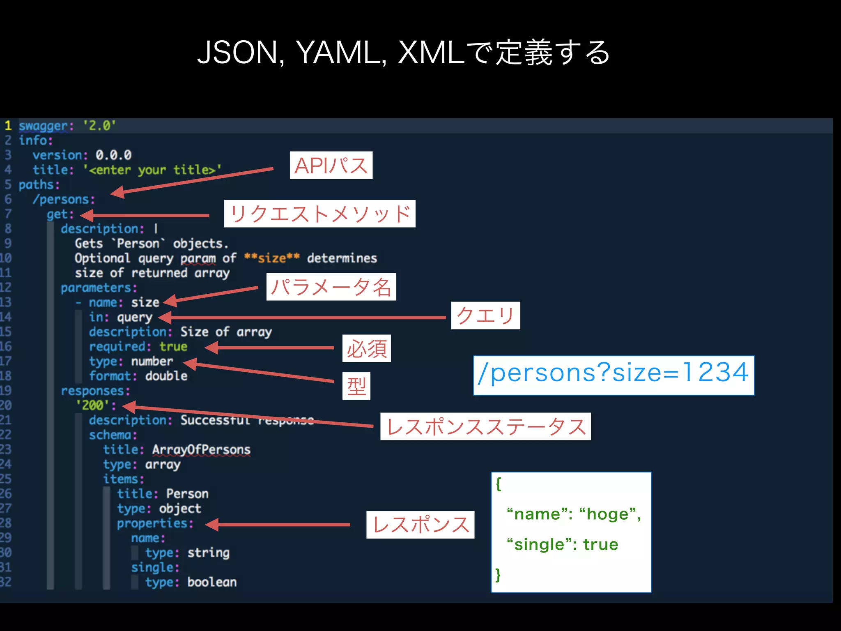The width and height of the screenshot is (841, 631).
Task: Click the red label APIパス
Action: (331, 165)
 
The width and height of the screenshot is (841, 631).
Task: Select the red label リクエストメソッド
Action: (319, 214)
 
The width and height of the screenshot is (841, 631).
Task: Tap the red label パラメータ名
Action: (331, 287)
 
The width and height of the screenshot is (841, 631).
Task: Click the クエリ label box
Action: (485, 315)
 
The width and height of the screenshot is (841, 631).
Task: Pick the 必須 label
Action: (366, 348)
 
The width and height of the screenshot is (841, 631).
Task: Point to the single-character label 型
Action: (356, 386)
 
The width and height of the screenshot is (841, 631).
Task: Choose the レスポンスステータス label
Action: (485, 426)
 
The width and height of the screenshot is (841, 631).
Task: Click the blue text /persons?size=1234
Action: (614, 373)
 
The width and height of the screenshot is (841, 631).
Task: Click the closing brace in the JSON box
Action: (498, 574)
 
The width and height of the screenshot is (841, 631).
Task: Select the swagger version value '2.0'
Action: (99, 125)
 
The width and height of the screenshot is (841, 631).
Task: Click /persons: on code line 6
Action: (64, 200)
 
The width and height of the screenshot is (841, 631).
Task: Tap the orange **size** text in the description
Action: (272, 258)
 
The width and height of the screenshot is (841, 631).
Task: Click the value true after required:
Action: (173, 347)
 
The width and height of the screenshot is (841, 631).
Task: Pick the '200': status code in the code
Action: (96, 405)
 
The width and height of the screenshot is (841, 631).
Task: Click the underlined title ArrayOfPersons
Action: (201, 450)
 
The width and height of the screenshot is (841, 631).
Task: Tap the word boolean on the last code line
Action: (212, 583)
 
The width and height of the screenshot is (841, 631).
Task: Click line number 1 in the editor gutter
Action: (8, 125)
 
